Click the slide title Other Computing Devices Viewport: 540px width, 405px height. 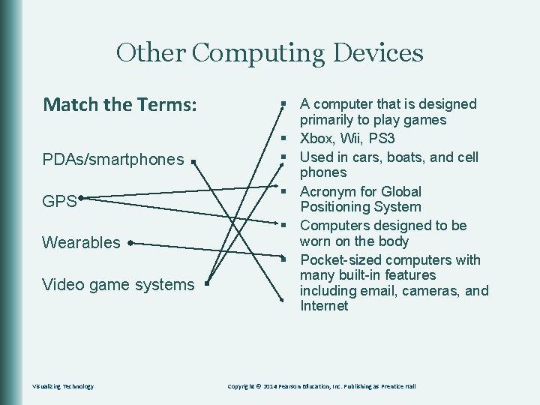269,53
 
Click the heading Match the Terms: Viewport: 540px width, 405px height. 120,104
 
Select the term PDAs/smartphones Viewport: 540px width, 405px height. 112,160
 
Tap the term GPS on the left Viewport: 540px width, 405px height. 59,201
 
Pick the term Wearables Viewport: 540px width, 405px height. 81,242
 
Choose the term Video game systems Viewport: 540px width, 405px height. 118,284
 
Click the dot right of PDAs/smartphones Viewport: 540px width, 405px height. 193,161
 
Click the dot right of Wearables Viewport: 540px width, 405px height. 130,243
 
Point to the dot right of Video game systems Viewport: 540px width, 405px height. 204,285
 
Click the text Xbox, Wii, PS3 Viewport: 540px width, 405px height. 347,139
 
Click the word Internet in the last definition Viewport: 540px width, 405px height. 324,306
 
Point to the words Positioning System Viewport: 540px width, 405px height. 360,207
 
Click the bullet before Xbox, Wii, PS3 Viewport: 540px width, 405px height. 285,139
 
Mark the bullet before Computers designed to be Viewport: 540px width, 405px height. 285,226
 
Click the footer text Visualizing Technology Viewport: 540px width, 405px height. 63,386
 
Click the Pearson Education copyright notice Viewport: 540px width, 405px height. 321,386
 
